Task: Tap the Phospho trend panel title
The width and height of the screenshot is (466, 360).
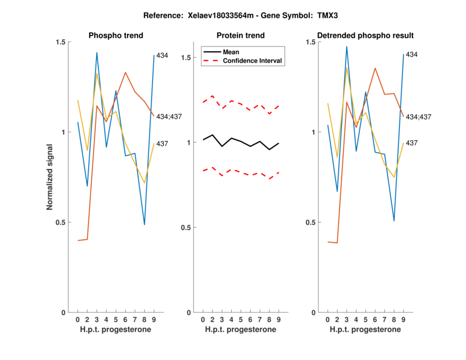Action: [x=115, y=36]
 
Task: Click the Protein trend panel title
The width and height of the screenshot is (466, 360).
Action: [x=241, y=36]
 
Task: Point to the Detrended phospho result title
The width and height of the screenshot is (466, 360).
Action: [x=365, y=36]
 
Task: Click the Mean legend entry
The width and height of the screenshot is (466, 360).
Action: [x=231, y=52]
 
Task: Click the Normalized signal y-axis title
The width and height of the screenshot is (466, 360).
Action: [x=51, y=177]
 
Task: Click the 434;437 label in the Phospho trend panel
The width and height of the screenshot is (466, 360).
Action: [x=169, y=117]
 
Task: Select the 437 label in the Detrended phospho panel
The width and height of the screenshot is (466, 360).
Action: [x=412, y=143]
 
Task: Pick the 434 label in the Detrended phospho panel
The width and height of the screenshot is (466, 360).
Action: [x=412, y=55]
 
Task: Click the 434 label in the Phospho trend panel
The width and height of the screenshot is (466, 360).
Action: [x=163, y=55]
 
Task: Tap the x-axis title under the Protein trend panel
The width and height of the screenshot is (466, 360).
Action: [x=241, y=330]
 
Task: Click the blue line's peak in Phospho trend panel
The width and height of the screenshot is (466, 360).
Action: [x=97, y=52]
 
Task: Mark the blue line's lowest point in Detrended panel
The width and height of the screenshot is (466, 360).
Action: [x=394, y=221]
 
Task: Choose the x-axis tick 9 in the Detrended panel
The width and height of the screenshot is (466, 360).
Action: [x=404, y=319]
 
